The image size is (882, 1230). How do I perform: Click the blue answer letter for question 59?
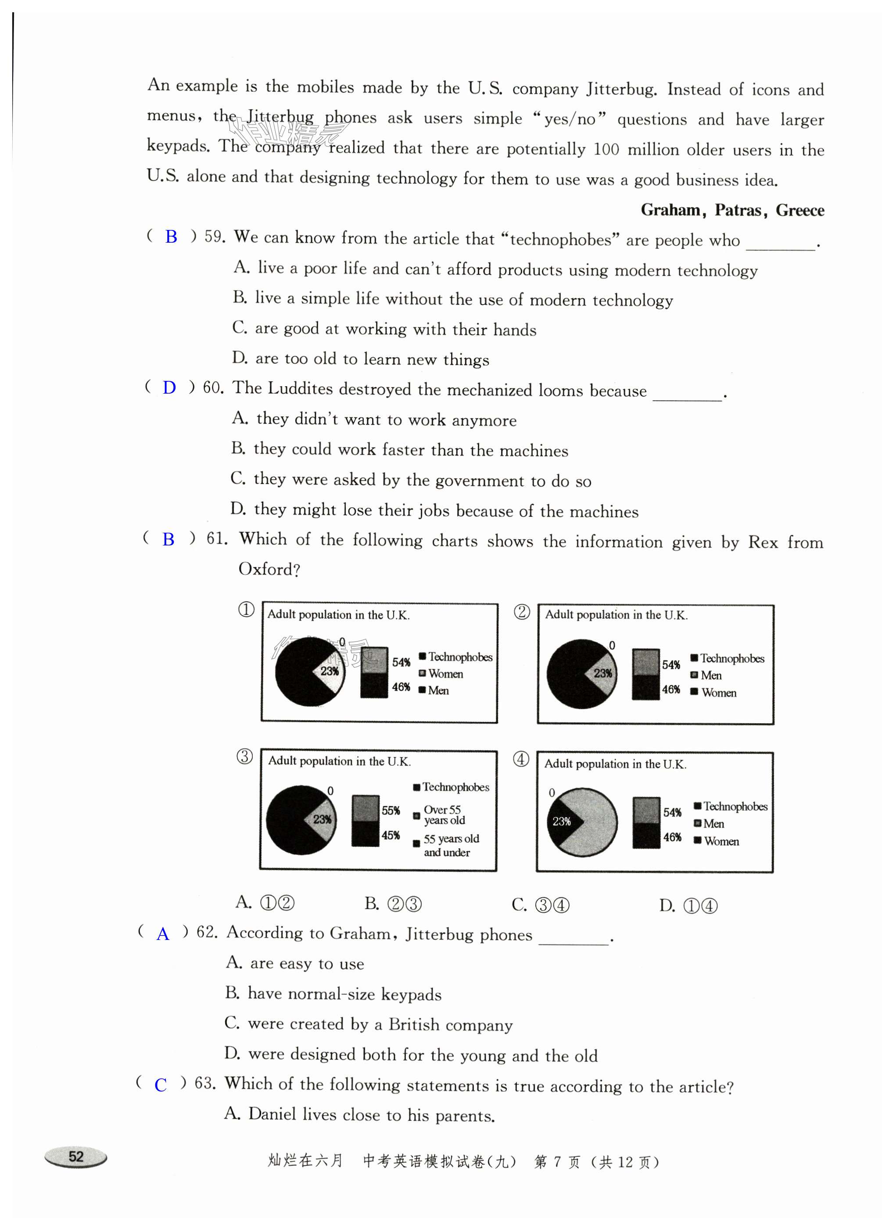[x=171, y=237]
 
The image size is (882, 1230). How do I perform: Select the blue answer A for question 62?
[x=163, y=934]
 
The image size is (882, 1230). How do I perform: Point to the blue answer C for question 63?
[x=161, y=1085]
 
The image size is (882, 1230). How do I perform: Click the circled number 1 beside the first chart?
[x=246, y=610]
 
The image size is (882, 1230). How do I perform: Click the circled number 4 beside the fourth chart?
[x=521, y=759]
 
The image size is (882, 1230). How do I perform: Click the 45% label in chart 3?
[x=391, y=835]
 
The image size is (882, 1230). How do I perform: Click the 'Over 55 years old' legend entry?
[x=444, y=814]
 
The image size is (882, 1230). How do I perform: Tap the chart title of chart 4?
[x=615, y=764]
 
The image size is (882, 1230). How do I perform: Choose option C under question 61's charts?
[x=540, y=904]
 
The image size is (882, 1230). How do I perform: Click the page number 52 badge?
[x=76, y=1157]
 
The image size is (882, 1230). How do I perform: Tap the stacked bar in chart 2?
[x=645, y=674]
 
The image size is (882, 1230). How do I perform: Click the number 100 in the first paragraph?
[x=606, y=149]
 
